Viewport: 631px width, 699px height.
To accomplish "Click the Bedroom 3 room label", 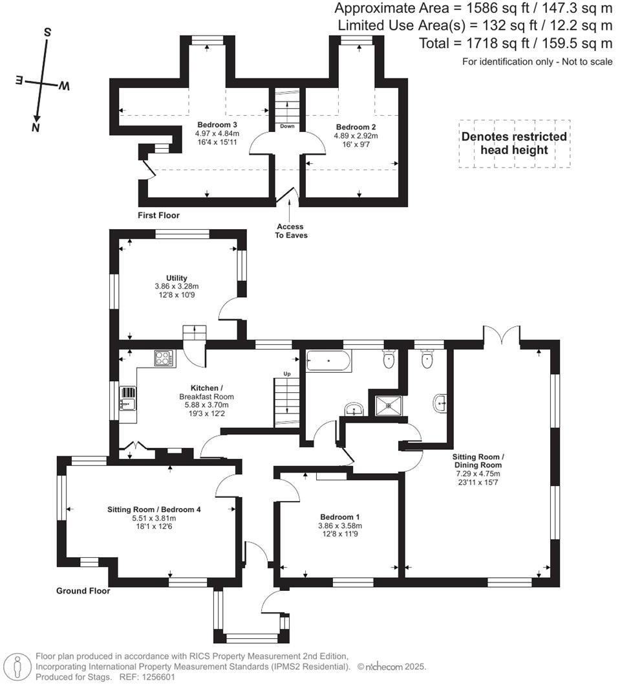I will (214, 124).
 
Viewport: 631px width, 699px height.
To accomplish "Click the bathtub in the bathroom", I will (329, 360).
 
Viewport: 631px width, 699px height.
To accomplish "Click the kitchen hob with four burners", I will (163, 358).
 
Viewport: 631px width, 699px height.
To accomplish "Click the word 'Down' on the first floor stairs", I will (287, 126).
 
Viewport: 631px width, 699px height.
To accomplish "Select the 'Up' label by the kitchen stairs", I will (287, 374).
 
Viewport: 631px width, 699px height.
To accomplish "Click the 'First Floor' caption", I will (158, 215).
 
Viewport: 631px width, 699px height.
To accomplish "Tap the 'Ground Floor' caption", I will (83, 591).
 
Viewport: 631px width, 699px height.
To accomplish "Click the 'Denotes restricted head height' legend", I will (514, 143).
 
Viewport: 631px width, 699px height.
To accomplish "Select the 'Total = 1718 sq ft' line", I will (474, 43).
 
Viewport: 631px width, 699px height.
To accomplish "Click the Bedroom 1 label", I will (339, 517).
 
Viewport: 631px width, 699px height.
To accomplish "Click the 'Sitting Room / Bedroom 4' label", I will (154, 509).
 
